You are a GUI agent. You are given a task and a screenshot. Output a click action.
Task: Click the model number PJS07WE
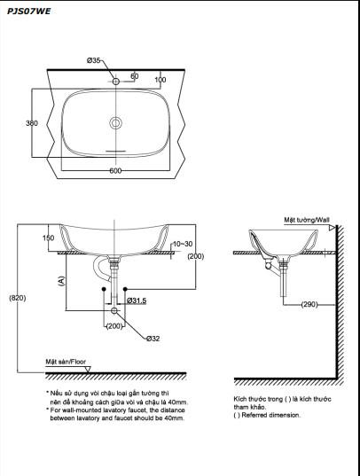[29, 12]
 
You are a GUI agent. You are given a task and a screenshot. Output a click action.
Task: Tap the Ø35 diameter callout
[93, 60]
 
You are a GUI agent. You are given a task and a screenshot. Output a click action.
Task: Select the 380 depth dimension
[32, 123]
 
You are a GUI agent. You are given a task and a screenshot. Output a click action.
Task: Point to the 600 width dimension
[115, 170]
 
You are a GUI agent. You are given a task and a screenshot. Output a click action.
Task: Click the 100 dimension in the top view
[160, 80]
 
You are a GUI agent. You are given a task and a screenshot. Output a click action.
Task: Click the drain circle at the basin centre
[116, 123]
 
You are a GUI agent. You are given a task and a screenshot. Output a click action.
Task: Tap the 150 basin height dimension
[48, 238]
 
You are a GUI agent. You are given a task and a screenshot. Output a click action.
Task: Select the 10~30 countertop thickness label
[183, 244]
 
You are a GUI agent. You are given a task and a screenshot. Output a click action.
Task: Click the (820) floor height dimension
[18, 298]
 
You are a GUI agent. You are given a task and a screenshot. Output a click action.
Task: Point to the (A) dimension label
[61, 281]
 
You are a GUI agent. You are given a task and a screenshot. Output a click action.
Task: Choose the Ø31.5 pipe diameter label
[137, 300]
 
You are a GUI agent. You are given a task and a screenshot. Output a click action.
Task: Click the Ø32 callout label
[153, 339]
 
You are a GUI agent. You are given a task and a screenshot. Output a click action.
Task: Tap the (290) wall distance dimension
[309, 304]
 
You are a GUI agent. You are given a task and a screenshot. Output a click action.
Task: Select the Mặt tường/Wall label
[307, 220]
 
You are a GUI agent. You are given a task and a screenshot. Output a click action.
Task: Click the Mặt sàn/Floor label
[66, 362]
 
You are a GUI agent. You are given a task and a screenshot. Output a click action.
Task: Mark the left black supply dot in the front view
[104, 289]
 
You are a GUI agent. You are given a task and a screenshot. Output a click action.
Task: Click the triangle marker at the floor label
[88, 369]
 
